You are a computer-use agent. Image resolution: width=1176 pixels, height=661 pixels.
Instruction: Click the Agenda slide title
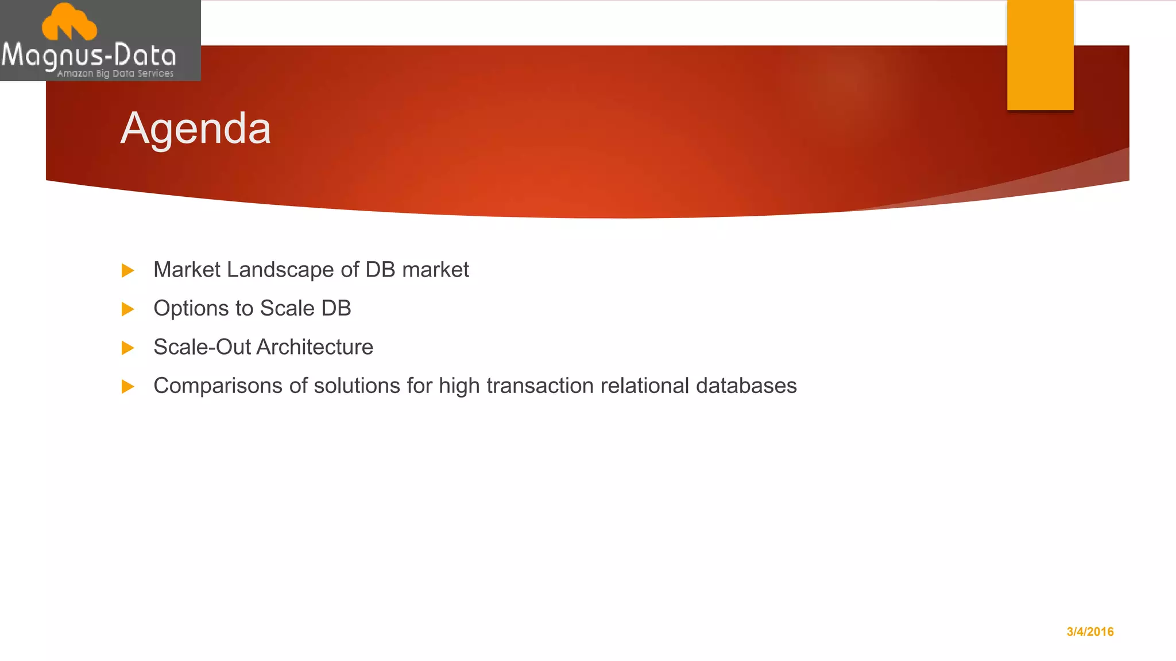tap(195, 129)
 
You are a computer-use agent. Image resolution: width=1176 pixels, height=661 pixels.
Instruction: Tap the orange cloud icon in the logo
tap(69, 22)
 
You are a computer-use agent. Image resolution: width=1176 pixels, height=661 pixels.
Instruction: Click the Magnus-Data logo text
tap(89, 56)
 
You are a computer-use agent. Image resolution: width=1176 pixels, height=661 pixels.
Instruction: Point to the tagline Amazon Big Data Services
tap(115, 73)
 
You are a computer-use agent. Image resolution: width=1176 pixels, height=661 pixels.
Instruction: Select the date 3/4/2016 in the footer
tap(1090, 632)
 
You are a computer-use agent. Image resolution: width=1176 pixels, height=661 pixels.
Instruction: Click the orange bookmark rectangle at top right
tap(1040, 55)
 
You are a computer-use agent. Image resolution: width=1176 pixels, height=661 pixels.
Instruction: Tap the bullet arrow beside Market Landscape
tap(128, 270)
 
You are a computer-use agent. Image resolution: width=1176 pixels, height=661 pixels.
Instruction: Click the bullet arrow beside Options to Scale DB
tap(128, 309)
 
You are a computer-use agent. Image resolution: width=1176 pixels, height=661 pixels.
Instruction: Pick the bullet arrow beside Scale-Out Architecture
tap(128, 348)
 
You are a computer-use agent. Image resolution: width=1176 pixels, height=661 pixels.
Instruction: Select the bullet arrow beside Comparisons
tap(128, 387)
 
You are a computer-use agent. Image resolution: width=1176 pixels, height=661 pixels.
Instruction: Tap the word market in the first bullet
tap(435, 270)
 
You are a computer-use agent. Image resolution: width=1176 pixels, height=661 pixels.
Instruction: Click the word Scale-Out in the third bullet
tap(202, 347)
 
